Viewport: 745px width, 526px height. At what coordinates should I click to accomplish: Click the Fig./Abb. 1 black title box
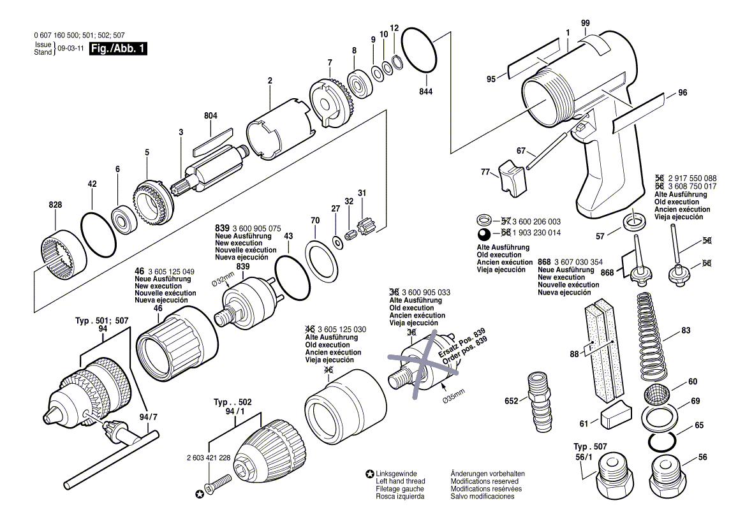118,48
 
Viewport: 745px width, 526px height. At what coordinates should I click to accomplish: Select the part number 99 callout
585,23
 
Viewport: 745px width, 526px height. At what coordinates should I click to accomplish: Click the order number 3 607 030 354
578,262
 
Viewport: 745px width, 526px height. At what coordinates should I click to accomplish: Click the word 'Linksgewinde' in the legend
396,473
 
